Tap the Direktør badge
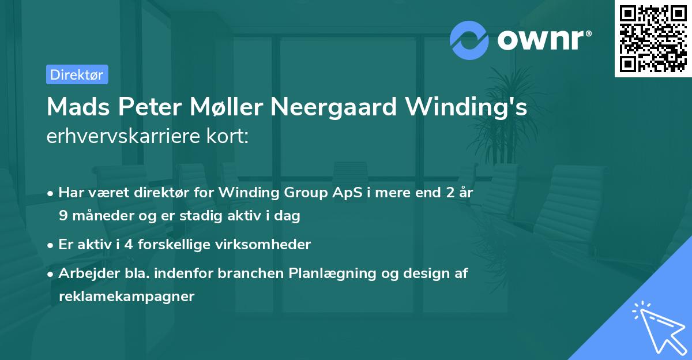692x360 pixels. tap(77, 74)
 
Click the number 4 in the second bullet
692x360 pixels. tap(127, 245)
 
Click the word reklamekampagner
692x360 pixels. tap(126, 297)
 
